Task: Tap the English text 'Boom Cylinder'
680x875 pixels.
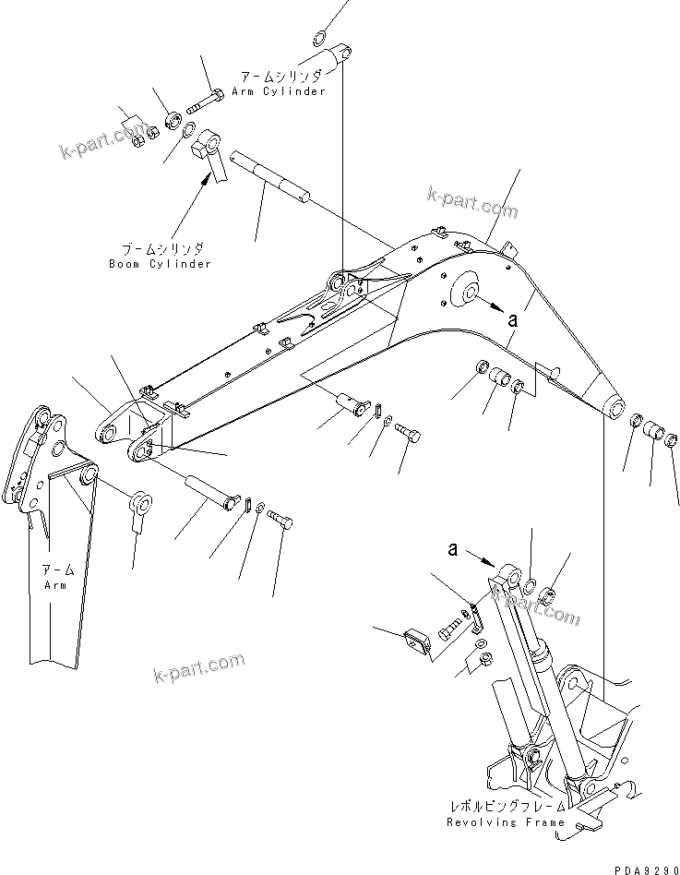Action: pyautogui.click(x=166, y=263)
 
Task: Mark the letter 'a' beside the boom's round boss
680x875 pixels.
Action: pyautogui.click(x=512, y=318)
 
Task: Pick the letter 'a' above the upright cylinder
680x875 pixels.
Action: pyautogui.click(x=452, y=549)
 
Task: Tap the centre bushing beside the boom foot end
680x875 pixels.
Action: pyautogui.click(x=654, y=430)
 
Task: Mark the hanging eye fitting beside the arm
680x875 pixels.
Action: pyautogui.click(x=140, y=509)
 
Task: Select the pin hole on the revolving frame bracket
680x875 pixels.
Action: pyautogui.click(x=568, y=684)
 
